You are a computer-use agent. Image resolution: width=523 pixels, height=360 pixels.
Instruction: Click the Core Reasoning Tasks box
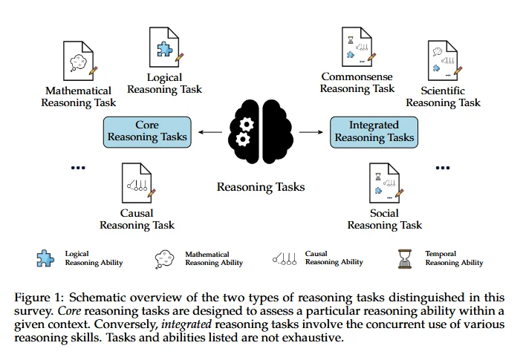(x=147, y=131)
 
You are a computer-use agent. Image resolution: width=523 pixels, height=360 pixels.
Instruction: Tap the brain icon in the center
(x=259, y=131)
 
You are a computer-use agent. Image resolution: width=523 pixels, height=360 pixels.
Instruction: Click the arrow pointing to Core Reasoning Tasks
(x=209, y=132)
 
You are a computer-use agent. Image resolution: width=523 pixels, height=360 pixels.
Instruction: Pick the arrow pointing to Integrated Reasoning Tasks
(x=311, y=132)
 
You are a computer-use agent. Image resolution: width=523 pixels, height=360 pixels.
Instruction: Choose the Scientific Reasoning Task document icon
(x=443, y=61)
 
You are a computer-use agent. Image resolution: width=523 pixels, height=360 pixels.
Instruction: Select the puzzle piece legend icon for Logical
(x=45, y=258)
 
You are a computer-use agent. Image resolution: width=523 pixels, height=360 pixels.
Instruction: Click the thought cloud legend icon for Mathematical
(x=165, y=258)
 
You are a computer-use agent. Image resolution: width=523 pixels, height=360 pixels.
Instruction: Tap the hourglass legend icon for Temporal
(x=406, y=258)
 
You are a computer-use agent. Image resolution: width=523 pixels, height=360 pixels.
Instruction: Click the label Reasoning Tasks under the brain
(x=261, y=187)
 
